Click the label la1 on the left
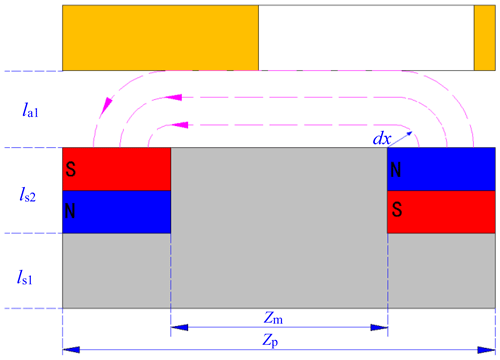point(30,110)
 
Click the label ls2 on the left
point(27,194)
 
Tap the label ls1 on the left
point(25,277)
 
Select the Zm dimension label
point(273,318)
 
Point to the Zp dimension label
point(270,341)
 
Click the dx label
point(382,138)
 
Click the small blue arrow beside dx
point(400,139)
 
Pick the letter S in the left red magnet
point(71,169)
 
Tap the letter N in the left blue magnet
point(70,211)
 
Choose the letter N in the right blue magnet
point(396,170)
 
